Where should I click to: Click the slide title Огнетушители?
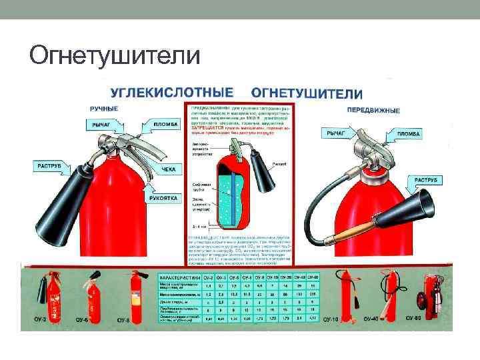tap(114, 54)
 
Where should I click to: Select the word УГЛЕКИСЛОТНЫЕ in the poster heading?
tap(171, 92)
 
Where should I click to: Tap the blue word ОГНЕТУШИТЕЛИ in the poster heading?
tap(306, 93)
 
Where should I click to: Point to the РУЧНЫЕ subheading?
tap(104, 108)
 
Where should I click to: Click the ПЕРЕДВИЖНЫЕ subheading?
tap(373, 110)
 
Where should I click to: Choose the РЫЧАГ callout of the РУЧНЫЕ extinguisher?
tap(102, 124)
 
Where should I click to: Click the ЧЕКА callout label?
tap(169, 169)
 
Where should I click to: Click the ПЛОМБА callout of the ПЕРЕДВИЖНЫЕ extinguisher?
tap(408, 134)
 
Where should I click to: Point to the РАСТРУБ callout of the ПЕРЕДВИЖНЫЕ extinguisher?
tap(425, 180)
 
